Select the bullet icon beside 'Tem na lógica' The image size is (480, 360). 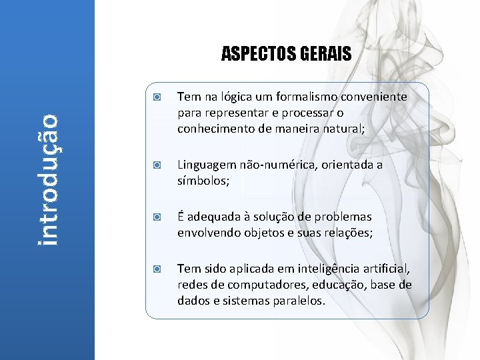[x=155, y=97]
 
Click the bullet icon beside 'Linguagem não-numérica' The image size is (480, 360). [x=155, y=165]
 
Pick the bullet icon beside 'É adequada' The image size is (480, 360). [x=155, y=217]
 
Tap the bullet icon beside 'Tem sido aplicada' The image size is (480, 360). [x=155, y=269]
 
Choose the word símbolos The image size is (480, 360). [x=202, y=181]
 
